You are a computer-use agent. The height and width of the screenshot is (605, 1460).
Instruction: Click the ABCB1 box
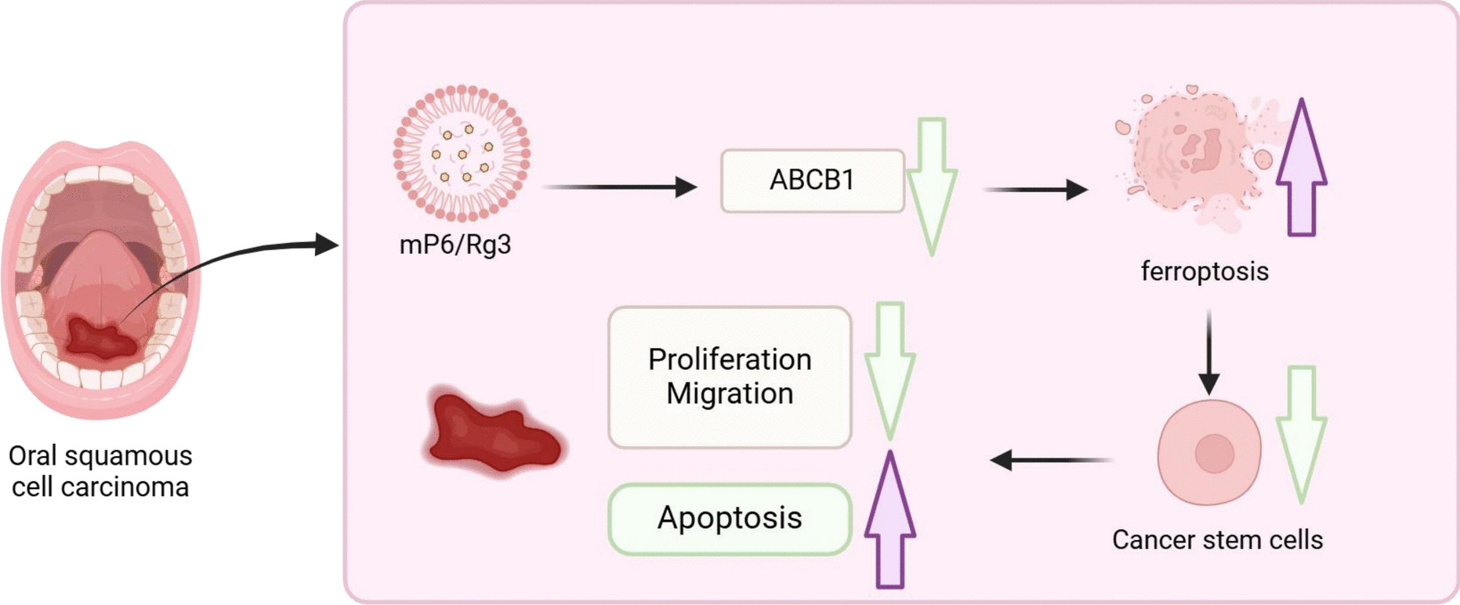tap(812, 180)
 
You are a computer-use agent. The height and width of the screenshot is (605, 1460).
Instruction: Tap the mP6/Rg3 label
tap(455, 245)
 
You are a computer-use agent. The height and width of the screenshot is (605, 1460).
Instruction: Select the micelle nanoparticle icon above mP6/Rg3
tap(462, 153)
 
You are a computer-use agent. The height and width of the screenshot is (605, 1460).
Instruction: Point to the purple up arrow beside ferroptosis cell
tap(1301, 168)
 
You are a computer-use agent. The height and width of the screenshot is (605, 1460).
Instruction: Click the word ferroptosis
tap(1205, 271)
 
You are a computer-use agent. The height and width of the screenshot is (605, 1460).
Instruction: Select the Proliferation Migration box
tap(730, 377)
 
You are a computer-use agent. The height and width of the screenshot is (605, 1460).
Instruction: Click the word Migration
tap(730, 393)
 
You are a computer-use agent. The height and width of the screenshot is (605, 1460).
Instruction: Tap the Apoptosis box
tap(730, 519)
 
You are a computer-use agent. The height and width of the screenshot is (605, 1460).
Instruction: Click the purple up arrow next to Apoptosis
tap(890, 521)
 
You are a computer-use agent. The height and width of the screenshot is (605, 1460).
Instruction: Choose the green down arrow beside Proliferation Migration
tap(890, 368)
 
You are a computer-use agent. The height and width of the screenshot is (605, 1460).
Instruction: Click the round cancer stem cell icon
tap(1210, 452)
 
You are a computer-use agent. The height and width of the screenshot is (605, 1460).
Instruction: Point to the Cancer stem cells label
tap(1217, 540)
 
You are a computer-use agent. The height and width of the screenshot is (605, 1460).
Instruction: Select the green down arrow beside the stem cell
tap(1301, 433)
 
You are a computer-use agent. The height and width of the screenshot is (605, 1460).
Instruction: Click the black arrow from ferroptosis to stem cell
tap(1209, 353)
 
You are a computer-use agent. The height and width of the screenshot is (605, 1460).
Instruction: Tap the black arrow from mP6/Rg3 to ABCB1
tap(619, 187)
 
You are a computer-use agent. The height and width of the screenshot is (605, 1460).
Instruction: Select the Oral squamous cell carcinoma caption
tap(100, 471)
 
